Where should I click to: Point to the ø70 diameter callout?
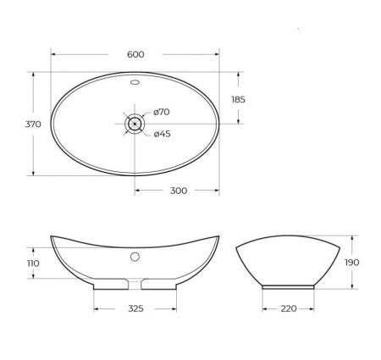[163, 113]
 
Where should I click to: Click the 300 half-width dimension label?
[178, 191]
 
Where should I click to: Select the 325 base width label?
[135, 308]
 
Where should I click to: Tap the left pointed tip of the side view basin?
[51, 235]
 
